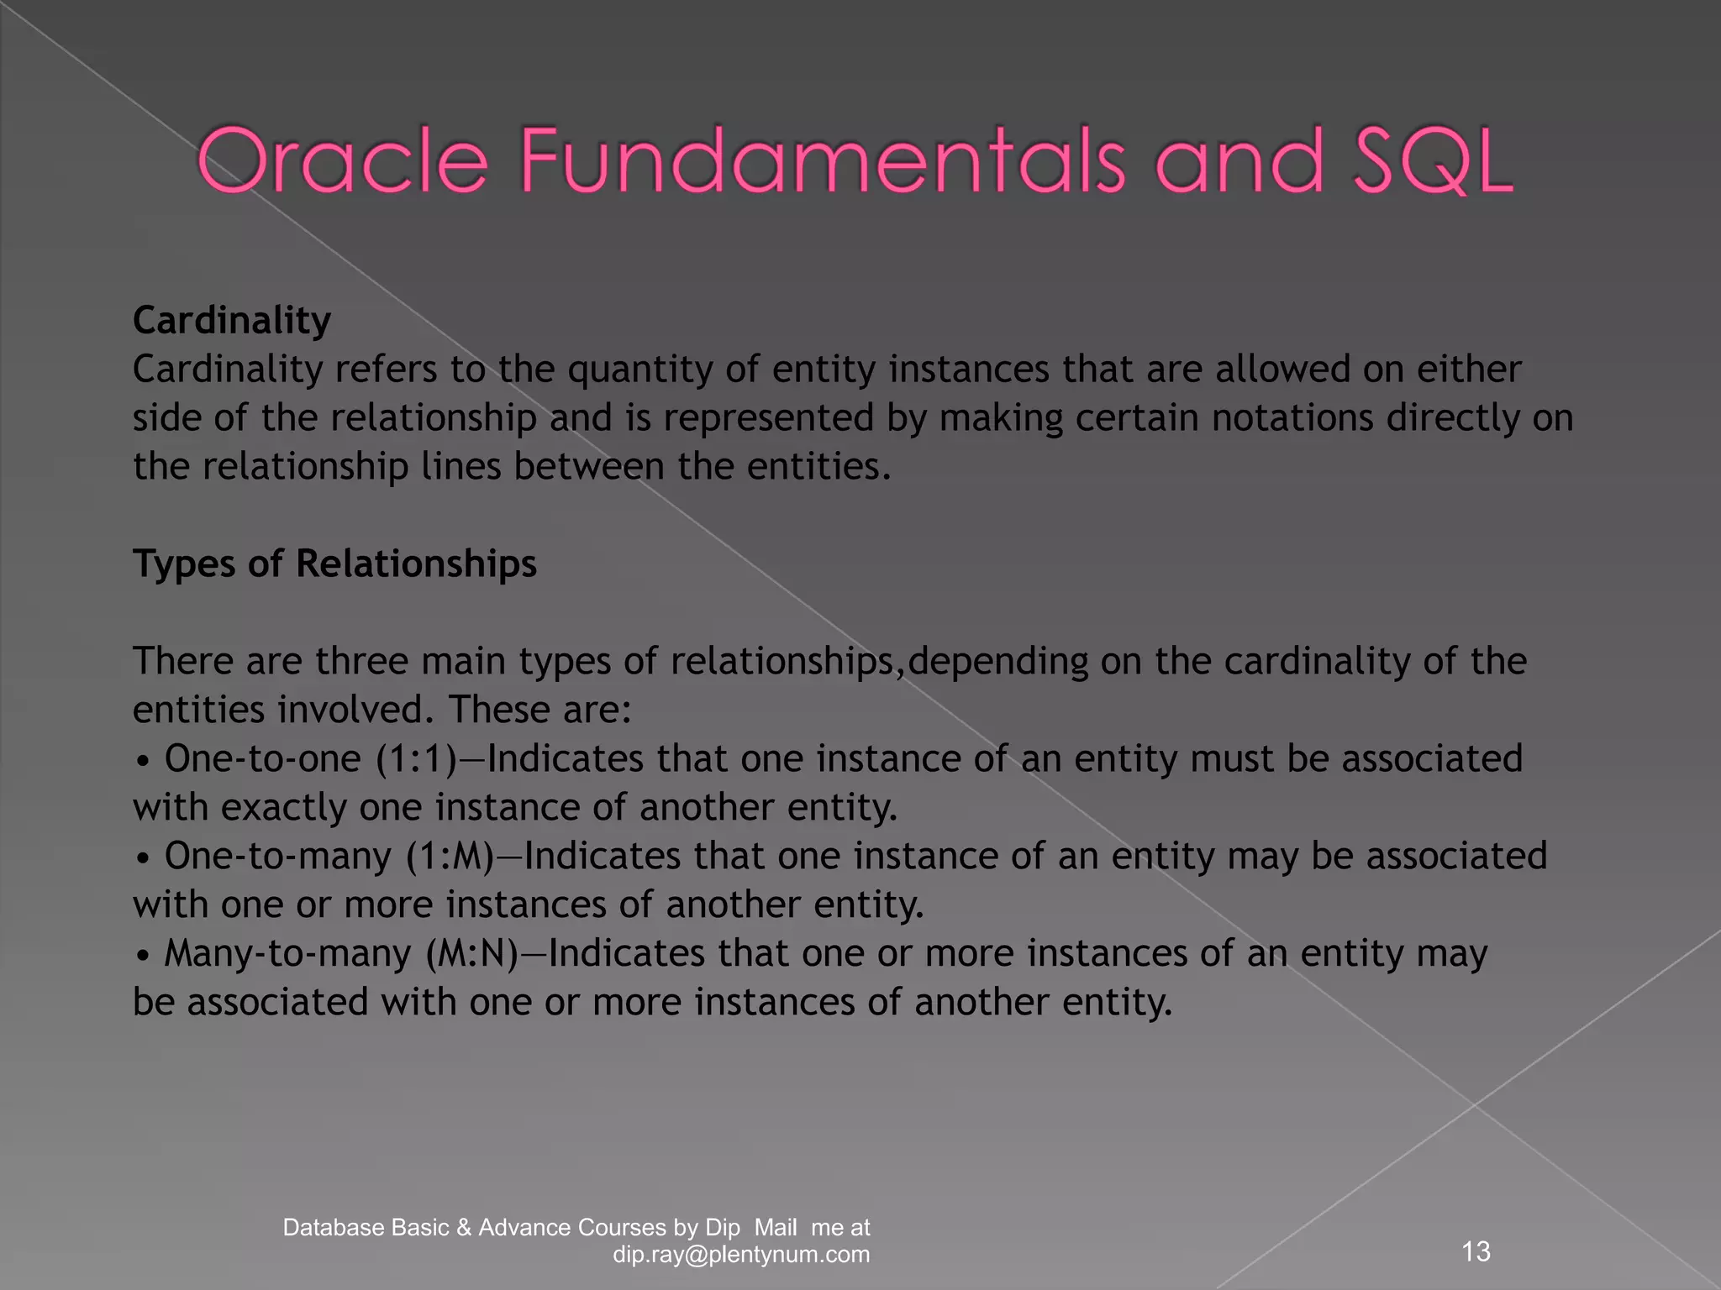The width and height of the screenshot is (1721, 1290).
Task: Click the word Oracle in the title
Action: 343,160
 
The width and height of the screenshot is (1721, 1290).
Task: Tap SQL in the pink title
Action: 1432,160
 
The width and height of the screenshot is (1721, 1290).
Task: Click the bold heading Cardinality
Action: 232,320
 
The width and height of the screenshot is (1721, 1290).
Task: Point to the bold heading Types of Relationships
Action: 334,563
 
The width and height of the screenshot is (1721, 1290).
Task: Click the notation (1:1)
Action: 416,758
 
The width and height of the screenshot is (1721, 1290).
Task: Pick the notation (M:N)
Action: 472,953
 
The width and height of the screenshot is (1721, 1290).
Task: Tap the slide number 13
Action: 1476,1251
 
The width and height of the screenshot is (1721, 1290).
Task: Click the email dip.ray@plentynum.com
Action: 741,1255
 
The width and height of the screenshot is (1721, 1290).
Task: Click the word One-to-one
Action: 262,758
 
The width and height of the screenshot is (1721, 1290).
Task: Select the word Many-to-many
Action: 287,953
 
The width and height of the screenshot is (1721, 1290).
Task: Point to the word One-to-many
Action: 277,856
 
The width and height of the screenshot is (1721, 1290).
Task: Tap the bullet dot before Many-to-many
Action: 144,956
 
